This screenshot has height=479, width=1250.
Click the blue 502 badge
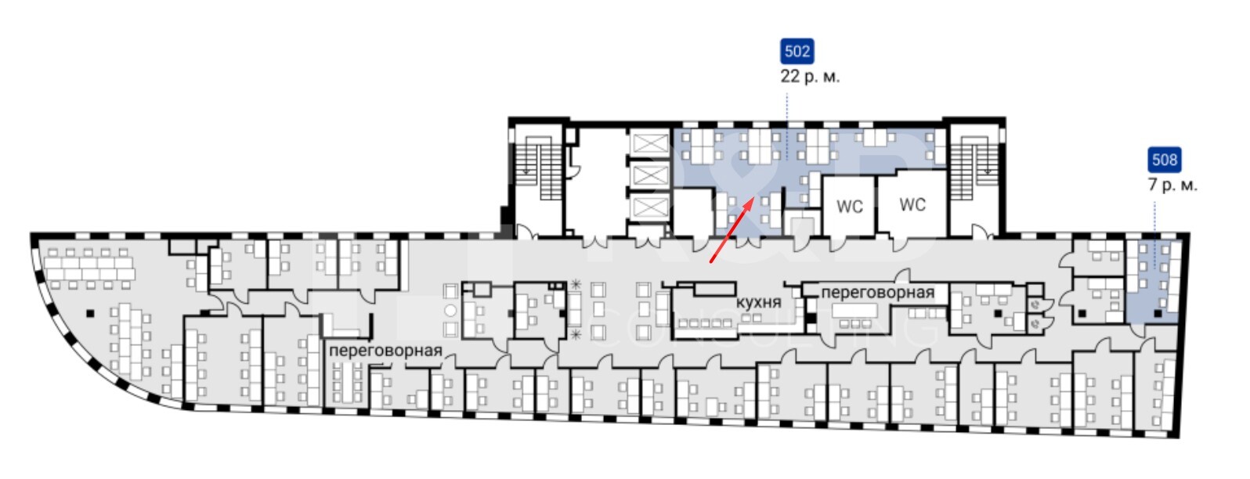(797, 52)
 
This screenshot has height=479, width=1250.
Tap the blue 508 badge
(1164, 160)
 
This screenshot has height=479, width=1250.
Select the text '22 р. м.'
(810, 77)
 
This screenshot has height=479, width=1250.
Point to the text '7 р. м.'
(1172, 185)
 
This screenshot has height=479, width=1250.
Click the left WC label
(849, 207)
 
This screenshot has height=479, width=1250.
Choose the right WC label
(912, 204)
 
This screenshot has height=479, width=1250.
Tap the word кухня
(758, 302)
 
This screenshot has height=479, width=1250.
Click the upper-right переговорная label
(878, 292)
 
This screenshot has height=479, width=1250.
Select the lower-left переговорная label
(385, 350)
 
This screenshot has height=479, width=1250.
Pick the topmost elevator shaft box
(649, 142)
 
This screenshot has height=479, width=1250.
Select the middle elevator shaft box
(649, 175)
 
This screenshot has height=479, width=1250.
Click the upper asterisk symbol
(576, 285)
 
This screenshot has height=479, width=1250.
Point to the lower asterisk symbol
(576, 334)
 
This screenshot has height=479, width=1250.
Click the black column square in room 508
(1158, 314)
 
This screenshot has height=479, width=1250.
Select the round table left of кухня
(451, 310)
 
